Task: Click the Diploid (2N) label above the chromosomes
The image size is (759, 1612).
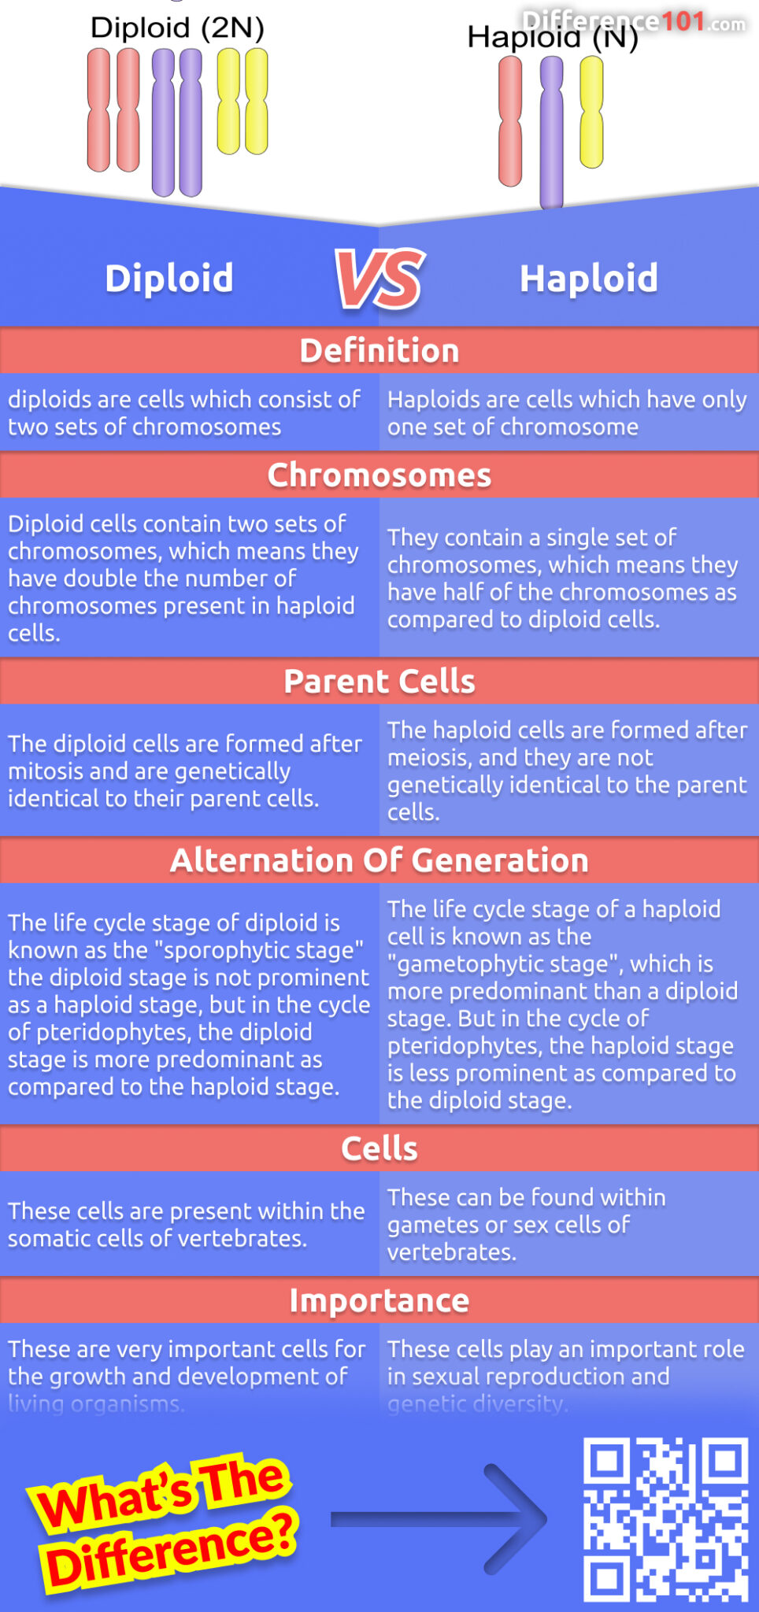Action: click(x=177, y=28)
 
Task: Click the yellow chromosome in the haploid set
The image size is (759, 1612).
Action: click(x=591, y=112)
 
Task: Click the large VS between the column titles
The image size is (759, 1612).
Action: click(x=380, y=279)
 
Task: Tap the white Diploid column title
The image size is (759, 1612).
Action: click(x=169, y=279)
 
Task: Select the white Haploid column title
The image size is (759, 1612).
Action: click(x=588, y=279)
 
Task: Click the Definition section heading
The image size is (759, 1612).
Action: click(x=379, y=351)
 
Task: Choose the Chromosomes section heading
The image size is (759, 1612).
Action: click(x=379, y=475)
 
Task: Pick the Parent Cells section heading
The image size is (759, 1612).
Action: click(x=379, y=682)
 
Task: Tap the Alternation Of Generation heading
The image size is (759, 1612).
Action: click(x=379, y=860)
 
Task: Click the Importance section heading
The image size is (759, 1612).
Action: click(x=379, y=1300)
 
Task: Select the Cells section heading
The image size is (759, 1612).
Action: click(x=379, y=1148)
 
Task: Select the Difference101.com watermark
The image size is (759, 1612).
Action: click(x=634, y=21)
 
